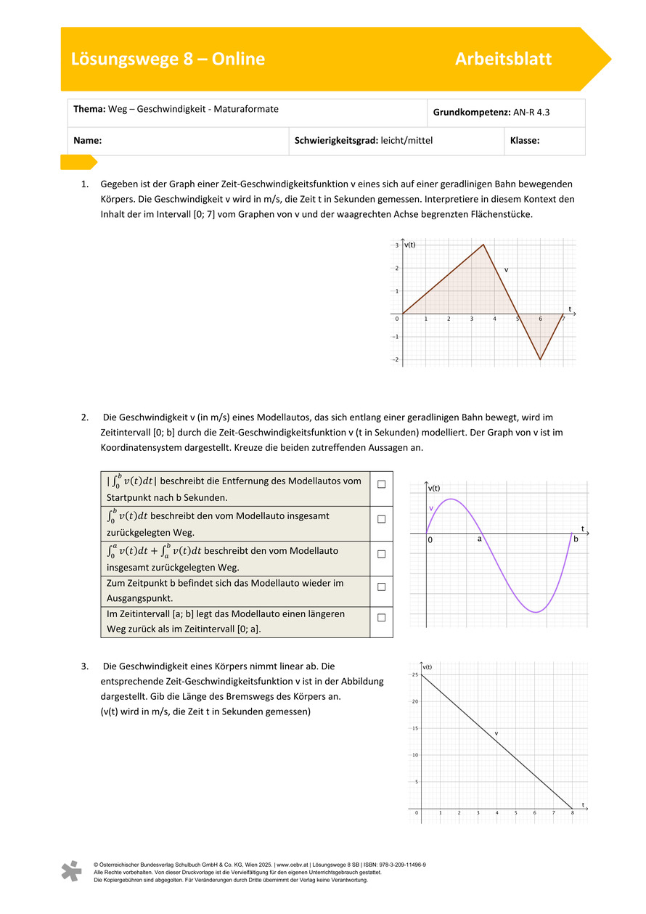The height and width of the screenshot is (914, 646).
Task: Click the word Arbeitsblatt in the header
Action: (x=503, y=60)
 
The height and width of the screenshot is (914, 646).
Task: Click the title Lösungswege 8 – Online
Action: (x=168, y=60)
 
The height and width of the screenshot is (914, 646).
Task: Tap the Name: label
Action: (x=87, y=141)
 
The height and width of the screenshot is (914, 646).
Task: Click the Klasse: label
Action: (x=525, y=141)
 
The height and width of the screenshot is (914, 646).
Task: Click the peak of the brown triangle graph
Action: (x=483, y=245)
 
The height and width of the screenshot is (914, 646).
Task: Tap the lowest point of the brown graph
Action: (x=540, y=359)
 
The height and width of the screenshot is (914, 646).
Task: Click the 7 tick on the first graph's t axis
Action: (x=563, y=319)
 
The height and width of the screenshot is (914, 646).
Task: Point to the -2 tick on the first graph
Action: (x=396, y=359)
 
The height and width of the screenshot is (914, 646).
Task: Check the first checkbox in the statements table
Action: (x=381, y=483)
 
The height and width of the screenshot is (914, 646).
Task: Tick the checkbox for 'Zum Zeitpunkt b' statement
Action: (x=381, y=587)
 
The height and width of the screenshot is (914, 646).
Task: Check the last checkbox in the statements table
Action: (x=381, y=617)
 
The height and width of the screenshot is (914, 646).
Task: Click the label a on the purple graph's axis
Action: (x=479, y=539)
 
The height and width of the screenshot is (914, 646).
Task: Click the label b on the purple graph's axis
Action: (x=576, y=539)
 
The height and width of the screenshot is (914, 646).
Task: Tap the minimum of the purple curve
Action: (x=536, y=613)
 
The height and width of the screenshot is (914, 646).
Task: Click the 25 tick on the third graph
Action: (x=415, y=675)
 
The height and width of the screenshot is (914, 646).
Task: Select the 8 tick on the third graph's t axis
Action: (x=572, y=813)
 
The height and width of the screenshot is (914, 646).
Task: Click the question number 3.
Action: (x=85, y=666)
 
